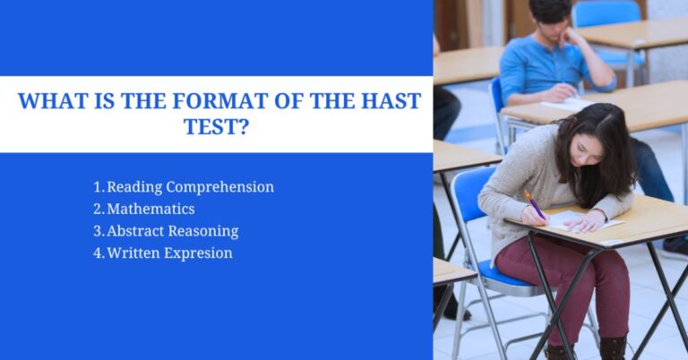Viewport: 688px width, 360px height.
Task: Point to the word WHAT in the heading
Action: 53,101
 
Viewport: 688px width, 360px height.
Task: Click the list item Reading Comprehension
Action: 190,187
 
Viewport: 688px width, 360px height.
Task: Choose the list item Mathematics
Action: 150,209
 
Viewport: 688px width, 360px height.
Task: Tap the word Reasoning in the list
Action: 205,231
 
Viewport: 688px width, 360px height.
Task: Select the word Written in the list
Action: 133,253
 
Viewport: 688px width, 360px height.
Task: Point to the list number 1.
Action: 98,187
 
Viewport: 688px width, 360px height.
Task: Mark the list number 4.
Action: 98,253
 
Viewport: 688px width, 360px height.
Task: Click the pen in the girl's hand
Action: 534,204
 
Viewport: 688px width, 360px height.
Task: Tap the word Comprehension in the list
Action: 219,187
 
